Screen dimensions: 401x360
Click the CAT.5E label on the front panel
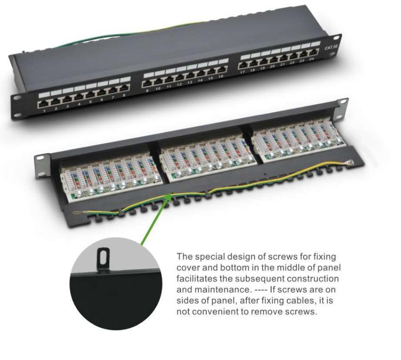point(331,47)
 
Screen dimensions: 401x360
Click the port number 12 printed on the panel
point(179,84)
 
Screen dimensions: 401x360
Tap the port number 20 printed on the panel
point(273,66)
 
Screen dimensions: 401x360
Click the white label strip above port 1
point(44,94)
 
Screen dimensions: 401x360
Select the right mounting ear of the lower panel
point(342,109)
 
